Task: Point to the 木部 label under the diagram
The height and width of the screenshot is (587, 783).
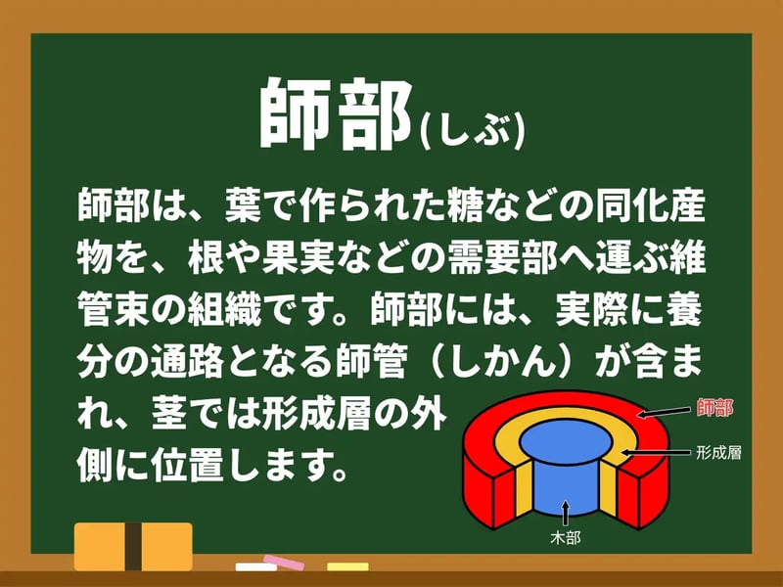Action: (567, 537)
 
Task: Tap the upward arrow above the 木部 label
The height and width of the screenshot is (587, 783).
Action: (566, 510)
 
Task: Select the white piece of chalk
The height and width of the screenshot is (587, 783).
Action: (257, 567)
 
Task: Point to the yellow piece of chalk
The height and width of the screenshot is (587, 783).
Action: (347, 567)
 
